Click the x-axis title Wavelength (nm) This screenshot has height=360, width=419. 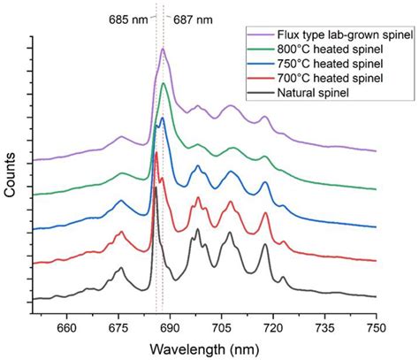pos(205,349)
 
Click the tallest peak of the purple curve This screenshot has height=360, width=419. pos(164,50)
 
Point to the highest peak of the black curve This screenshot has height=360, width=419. pos(156,188)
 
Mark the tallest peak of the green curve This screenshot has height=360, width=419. pos(163,84)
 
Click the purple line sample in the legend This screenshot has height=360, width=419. pos(262,34)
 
